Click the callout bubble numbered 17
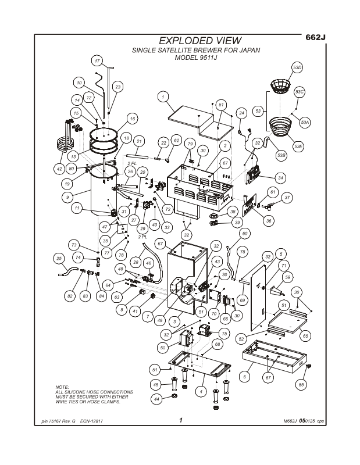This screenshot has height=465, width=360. click(x=97, y=61)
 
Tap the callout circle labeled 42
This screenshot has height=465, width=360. click(x=59, y=169)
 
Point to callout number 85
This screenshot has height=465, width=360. click(x=301, y=384)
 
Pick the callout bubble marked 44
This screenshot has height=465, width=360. click(x=156, y=399)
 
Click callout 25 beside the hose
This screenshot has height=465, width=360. click(x=58, y=258)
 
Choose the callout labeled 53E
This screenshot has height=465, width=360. click(x=299, y=146)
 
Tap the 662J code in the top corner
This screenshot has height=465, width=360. click(x=315, y=37)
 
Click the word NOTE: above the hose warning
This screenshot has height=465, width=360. click(x=62, y=387)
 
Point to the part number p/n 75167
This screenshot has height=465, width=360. click(x=55, y=421)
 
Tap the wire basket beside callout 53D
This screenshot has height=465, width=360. click(x=281, y=87)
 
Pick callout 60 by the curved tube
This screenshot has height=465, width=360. click(x=244, y=233)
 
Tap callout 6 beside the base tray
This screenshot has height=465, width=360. click(x=245, y=377)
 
